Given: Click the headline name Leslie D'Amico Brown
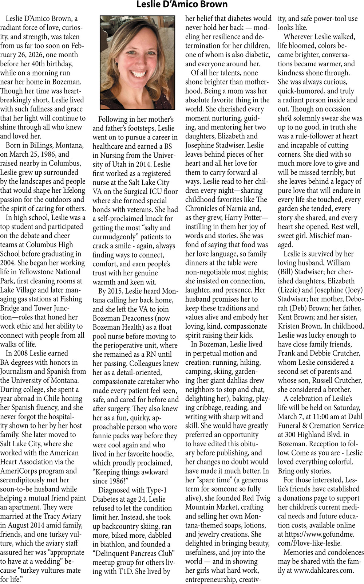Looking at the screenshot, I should click(182, 4).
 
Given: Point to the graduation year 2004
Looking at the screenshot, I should click(8, 263).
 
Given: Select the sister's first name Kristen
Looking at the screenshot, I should click(291, 326).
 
